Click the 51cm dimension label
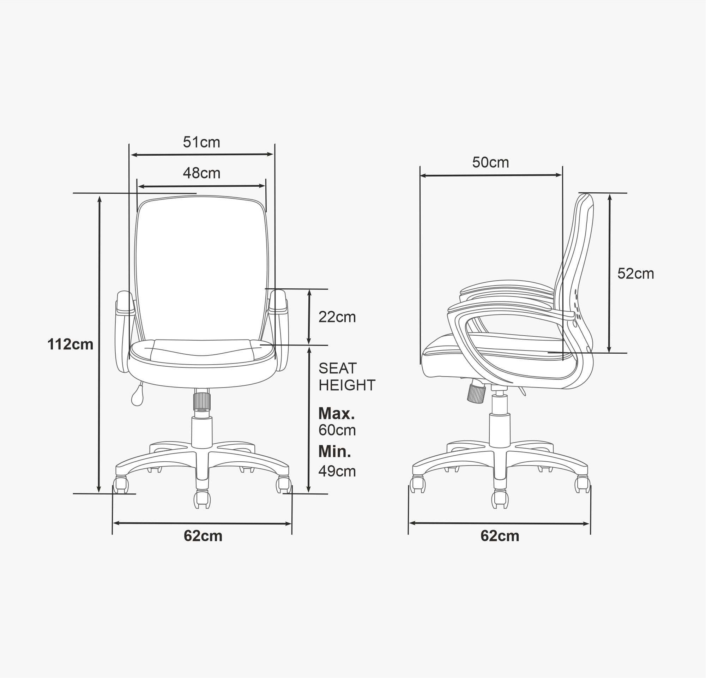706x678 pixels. (x=201, y=142)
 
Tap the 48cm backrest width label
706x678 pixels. (x=201, y=173)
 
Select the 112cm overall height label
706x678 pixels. (x=70, y=344)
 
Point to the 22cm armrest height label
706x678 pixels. (x=337, y=317)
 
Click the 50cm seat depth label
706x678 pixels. (x=490, y=162)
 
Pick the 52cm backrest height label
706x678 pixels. (x=635, y=274)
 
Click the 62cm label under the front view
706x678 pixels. (x=203, y=536)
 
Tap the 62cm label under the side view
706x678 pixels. (x=500, y=536)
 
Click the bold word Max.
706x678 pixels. (x=337, y=414)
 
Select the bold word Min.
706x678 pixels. (x=334, y=451)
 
